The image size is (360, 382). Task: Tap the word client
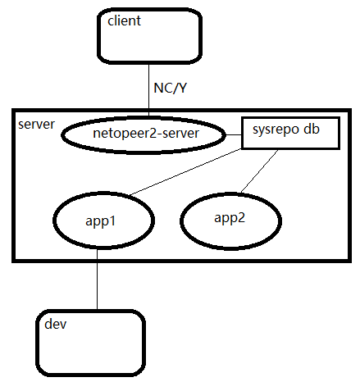(124, 20)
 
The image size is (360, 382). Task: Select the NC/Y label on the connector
(171, 88)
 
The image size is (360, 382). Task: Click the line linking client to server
(148, 82)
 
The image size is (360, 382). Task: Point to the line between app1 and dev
(97, 279)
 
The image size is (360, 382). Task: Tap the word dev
(55, 325)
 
